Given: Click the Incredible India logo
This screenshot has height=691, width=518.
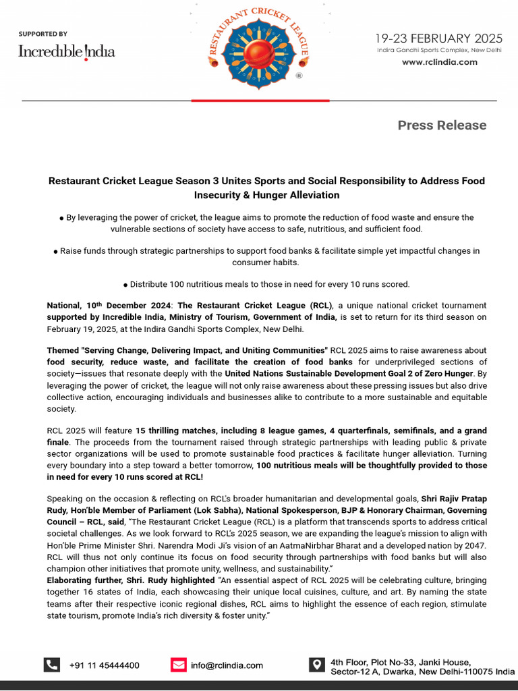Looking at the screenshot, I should [x=66, y=51].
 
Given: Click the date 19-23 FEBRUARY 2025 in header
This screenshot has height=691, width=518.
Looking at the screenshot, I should [x=439, y=38].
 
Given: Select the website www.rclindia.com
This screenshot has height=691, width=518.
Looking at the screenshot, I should [x=439, y=62].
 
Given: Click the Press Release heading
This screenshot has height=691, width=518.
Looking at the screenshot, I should [x=441, y=125].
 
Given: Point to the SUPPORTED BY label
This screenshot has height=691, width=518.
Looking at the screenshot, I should [x=42, y=34].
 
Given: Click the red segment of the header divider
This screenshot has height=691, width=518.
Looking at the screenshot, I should [x=260, y=101].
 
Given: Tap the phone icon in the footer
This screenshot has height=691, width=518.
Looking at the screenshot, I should [x=51, y=665].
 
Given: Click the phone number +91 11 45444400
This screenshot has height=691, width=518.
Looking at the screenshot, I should [x=104, y=665].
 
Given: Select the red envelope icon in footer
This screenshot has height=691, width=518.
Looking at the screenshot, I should [x=178, y=665].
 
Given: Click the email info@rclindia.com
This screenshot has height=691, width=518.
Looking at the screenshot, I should [x=227, y=665].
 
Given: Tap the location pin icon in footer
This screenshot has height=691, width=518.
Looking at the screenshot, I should [x=316, y=665].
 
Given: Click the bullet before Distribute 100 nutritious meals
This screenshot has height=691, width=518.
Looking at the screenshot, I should [x=125, y=285].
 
